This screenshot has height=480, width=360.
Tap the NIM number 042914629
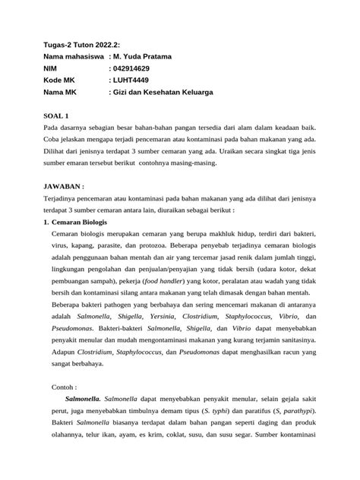point(140,68)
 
